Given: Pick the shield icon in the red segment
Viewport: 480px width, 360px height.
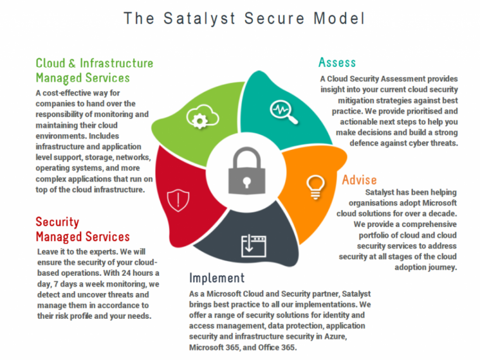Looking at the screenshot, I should click(178, 200).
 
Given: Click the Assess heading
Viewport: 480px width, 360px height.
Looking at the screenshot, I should click(337, 62).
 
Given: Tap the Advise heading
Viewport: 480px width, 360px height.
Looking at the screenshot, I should click(359, 180).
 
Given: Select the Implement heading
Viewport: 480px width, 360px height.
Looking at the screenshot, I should click(217, 278).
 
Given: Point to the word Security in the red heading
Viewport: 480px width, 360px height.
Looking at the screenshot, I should click(57, 222).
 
